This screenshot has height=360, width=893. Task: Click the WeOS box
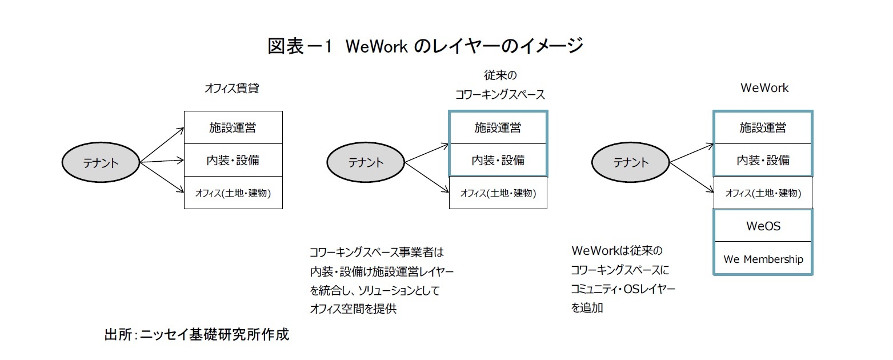(x=763, y=226)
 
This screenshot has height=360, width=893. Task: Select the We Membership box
(x=763, y=259)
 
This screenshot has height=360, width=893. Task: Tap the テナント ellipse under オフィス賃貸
(x=101, y=162)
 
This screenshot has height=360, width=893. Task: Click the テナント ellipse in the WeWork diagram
(x=631, y=162)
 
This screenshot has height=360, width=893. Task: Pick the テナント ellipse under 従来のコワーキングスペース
(x=366, y=162)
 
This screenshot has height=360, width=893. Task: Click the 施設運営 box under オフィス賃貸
(x=233, y=127)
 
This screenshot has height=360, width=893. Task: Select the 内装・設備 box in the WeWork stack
(x=763, y=160)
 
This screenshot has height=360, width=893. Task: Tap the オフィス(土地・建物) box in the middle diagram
(x=498, y=193)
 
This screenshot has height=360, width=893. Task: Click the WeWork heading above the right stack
(x=764, y=88)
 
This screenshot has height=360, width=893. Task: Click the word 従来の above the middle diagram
(x=500, y=75)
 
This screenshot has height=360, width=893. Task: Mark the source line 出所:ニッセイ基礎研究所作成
(x=197, y=334)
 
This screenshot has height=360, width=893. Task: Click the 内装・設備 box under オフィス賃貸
(x=233, y=160)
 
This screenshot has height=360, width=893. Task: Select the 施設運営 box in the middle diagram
(x=498, y=127)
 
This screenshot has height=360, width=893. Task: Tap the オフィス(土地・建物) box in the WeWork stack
(x=763, y=193)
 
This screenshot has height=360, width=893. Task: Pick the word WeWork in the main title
(x=375, y=46)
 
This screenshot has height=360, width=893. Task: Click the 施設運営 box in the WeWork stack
(x=763, y=127)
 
